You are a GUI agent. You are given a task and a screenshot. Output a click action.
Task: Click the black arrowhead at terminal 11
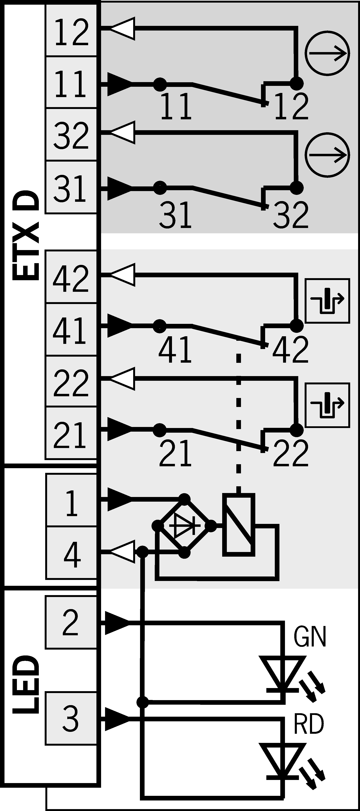click(119, 84)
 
